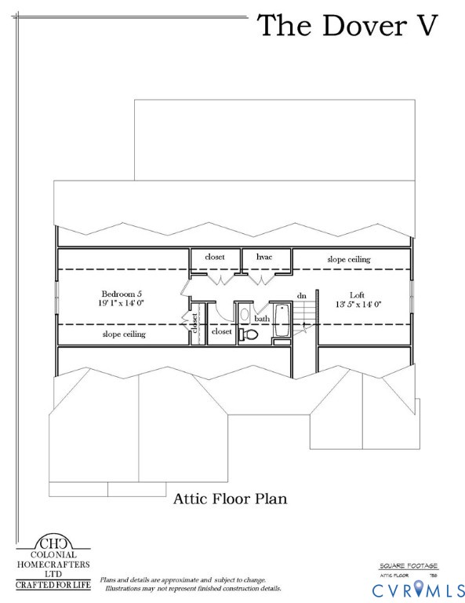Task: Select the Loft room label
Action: click(x=357, y=294)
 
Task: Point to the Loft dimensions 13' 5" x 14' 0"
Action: click(x=358, y=305)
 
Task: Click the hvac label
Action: click(x=264, y=257)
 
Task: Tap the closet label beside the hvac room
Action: click(x=215, y=257)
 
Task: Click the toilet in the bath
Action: click(x=249, y=334)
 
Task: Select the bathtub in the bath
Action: click(x=281, y=323)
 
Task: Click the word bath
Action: click(x=262, y=319)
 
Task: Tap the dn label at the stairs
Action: click(x=301, y=295)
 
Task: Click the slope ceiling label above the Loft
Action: click(x=348, y=259)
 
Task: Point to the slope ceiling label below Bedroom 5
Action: click(x=124, y=334)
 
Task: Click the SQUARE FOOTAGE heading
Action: click(x=409, y=565)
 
